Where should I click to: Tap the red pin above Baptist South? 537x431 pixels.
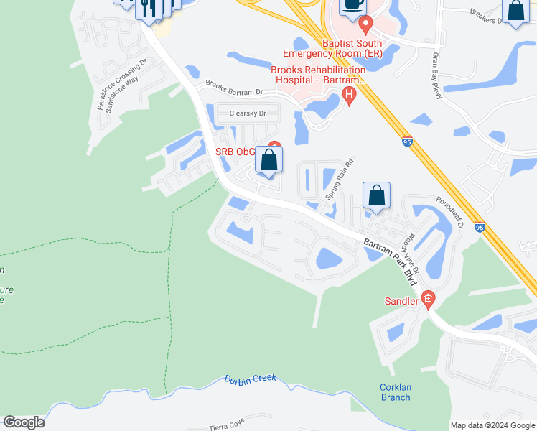click(365, 25)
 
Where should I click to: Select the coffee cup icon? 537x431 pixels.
click(352, 5)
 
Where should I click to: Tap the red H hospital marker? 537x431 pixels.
click(350, 94)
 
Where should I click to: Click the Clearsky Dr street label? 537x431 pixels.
click(248, 113)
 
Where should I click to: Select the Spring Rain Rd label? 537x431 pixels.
click(340, 179)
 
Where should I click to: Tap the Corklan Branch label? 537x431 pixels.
click(395, 392)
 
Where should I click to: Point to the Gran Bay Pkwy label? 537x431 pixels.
click(435, 71)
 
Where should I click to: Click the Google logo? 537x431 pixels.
click(24, 422)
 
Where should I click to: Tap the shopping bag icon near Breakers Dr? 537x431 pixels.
click(515, 10)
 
